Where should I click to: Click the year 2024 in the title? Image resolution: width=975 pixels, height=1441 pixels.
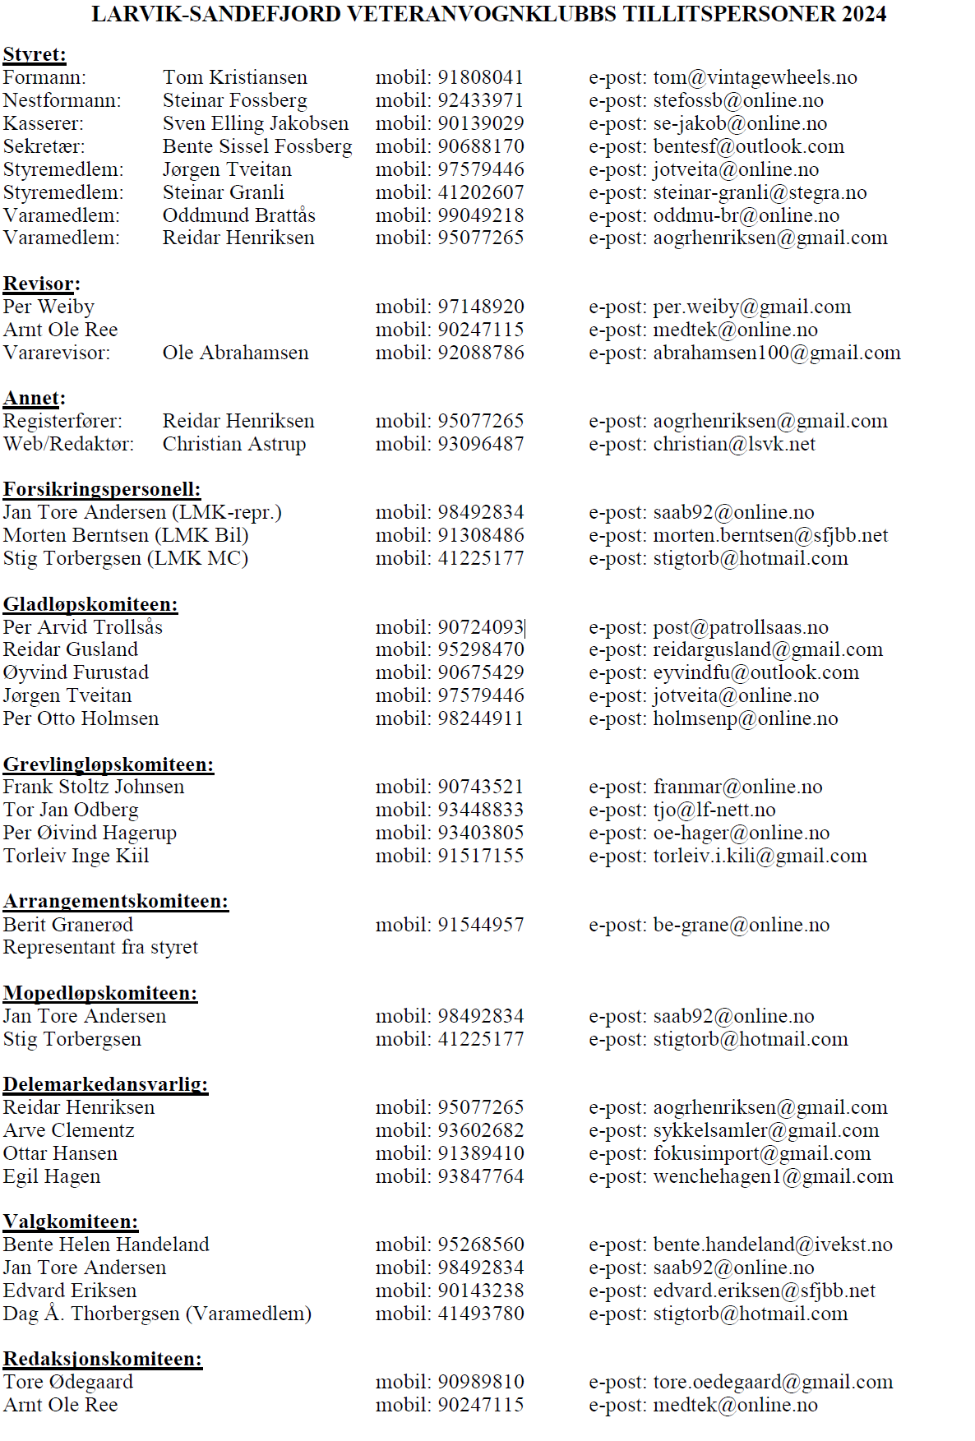pos(862,14)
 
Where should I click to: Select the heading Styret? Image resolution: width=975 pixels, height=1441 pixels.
pos(35,54)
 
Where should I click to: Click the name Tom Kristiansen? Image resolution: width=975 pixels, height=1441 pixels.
pos(234,77)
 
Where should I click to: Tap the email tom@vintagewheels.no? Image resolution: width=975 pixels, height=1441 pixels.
pos(755,77)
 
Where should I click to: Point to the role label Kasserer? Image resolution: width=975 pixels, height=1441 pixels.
pos(43,123)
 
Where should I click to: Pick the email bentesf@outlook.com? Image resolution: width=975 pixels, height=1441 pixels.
pos(748,146)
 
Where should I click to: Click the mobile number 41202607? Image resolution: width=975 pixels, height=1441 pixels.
pos(480,192)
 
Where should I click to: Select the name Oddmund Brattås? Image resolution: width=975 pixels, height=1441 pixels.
pos(238,215)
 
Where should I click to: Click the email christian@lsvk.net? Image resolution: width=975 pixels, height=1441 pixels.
pos(734,444)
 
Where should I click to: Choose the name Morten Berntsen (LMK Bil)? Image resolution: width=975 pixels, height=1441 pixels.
pos(125,535)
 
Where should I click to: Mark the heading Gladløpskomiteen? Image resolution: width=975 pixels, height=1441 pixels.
pos(90,604)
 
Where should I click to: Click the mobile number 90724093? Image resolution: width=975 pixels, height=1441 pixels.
pos(480,627)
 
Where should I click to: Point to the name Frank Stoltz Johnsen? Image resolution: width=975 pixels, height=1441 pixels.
pos(94,787)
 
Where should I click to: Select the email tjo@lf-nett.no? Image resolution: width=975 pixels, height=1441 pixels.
pos(714,810)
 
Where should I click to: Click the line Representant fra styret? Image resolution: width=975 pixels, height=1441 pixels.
pos(100,947)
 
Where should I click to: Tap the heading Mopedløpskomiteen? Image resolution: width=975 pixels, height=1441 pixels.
pos(100,993)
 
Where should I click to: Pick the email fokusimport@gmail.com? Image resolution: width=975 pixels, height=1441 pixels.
pos(761,1153)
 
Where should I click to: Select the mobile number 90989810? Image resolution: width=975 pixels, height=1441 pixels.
pos(480,1382)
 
